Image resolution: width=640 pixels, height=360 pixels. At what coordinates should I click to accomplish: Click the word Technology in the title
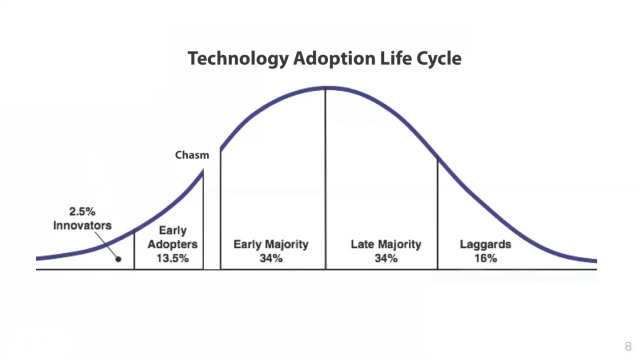(238, 59)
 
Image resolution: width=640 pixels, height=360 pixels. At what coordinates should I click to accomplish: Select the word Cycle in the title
(439, 59)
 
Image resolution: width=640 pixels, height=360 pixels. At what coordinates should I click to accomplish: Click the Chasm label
(192, 155)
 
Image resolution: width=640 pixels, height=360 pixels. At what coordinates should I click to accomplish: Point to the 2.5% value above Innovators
(82, 211)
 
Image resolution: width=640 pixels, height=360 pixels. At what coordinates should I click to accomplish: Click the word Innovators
(82, 225)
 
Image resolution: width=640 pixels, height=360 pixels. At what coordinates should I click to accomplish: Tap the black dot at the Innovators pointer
(118, 259)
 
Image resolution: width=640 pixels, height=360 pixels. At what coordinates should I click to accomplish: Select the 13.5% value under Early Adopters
(173, 258)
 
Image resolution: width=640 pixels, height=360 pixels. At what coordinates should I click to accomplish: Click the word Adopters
(173, 244)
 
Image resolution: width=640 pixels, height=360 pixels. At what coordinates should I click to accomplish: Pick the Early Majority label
(271, 244)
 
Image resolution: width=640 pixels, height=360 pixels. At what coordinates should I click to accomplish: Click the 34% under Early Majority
(271, 258)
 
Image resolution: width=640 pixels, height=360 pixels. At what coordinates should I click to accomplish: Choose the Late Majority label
(386, 244)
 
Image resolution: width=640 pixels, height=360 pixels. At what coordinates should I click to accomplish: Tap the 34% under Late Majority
(386, 258)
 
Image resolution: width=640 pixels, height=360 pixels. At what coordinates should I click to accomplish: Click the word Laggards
(485, 244)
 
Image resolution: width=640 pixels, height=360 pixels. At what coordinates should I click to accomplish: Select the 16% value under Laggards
(486, 258)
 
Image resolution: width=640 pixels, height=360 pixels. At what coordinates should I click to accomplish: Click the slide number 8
(628, 347)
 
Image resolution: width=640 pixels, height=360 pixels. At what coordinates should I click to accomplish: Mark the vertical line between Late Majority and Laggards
(438, 213)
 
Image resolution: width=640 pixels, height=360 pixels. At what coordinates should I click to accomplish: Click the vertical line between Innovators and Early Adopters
(134, 250)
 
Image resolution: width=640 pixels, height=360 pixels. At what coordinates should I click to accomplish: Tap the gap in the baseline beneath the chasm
(212, 269)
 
